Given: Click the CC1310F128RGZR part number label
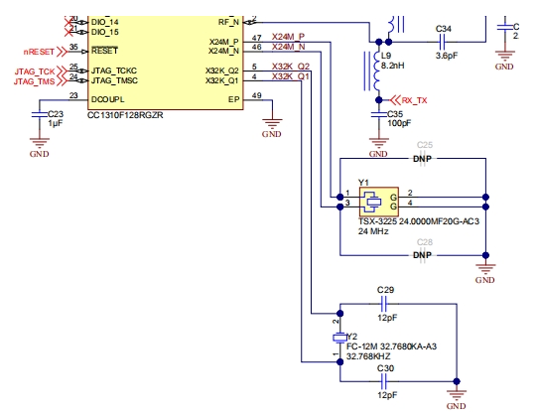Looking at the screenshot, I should [x=125, y=115].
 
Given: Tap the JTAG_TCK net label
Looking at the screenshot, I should [x=34, y=71].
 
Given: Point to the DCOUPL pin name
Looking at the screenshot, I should [x=108, y=98].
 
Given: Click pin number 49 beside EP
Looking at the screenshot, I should [x=256, y=96].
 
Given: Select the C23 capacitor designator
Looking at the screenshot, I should [x=56, y=114].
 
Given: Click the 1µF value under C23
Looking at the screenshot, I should [x=56, y=124].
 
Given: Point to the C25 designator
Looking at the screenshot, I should [x=425, y=145].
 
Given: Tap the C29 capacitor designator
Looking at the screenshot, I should [x=385, y=289].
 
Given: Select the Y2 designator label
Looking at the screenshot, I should [x=350, y=338].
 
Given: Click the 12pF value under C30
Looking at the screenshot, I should [x=385, y=394].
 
